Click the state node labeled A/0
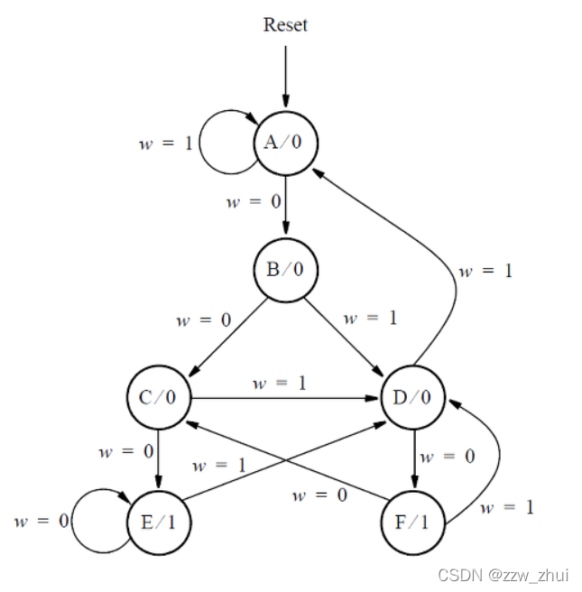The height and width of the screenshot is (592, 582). (x=285, y=143)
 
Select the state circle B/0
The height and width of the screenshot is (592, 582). (x=285, y=270)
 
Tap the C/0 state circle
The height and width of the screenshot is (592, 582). (x=159, y=397)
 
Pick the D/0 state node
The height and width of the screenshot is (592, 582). (x=413, y=397)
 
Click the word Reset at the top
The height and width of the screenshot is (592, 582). (x=285, y=24)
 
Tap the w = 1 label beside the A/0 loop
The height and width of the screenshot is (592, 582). (x=165, y=143)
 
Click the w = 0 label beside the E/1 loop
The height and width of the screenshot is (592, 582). (x=38, y=522)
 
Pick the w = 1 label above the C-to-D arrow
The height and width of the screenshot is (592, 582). (x=279, y=384)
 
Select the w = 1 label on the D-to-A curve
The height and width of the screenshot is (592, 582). (x=485, y=271)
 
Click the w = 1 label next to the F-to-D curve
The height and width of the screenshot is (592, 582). (x=506, y=508)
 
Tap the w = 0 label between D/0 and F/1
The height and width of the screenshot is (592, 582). (x=447, y=457)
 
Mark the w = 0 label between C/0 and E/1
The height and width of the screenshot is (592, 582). (x=125, y=449)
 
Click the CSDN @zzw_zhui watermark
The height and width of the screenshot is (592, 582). (x=503, y=575)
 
